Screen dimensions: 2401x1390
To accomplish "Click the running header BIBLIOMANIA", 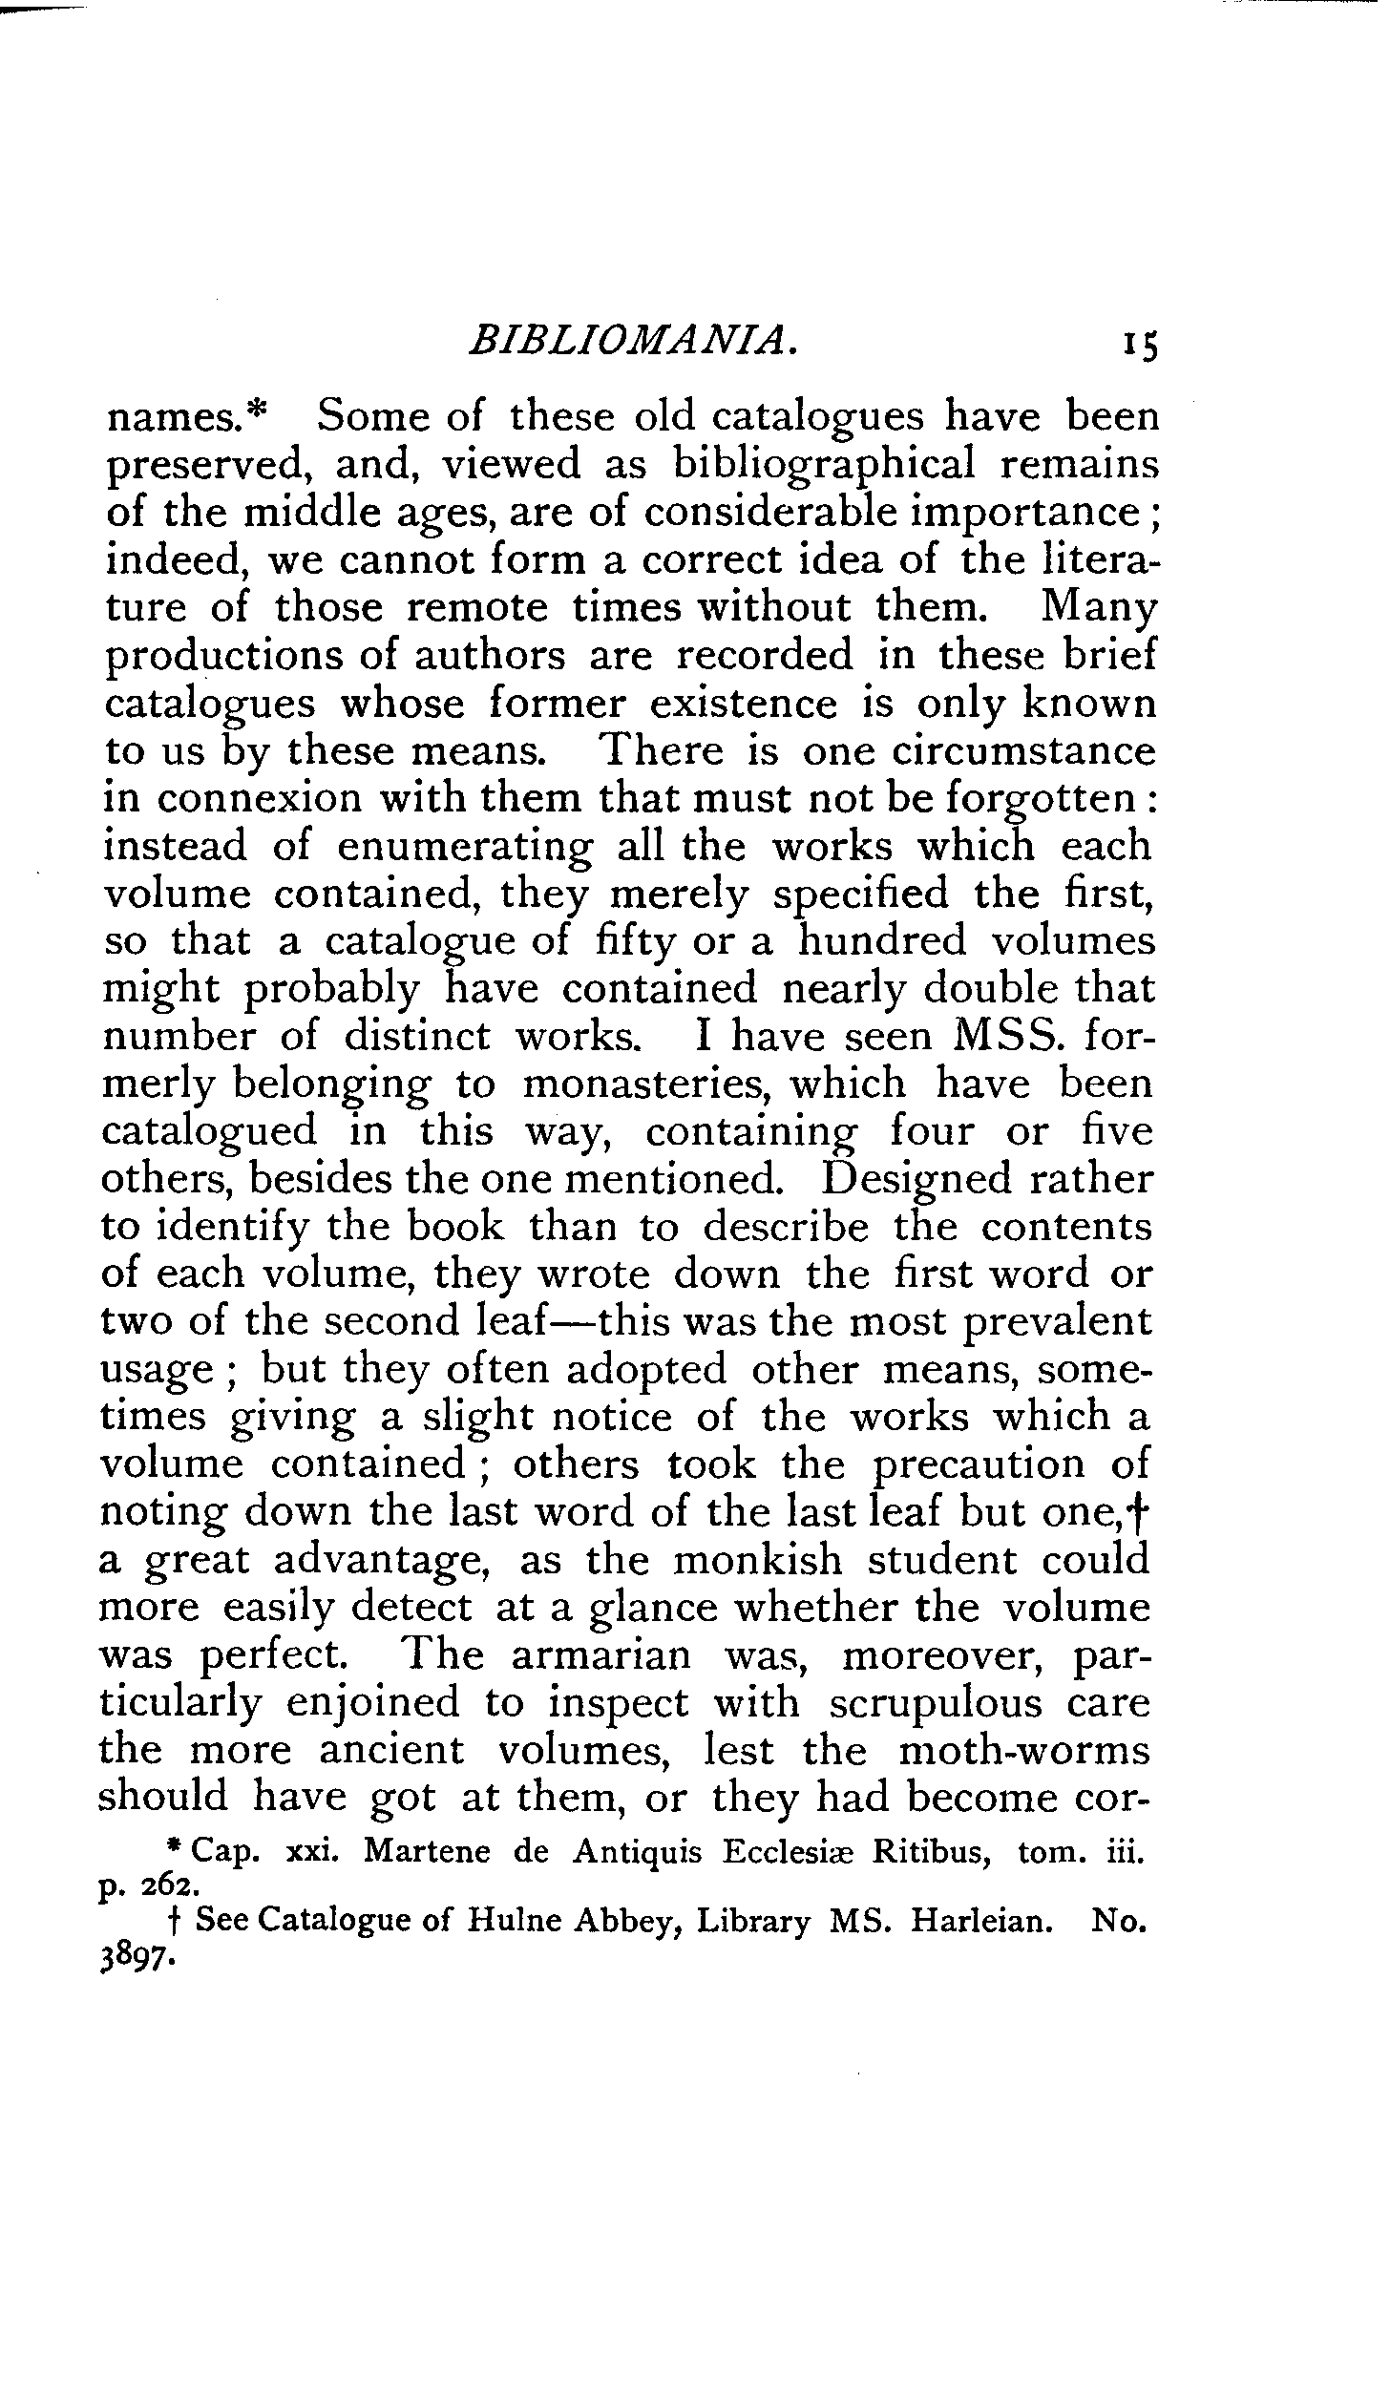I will point(633,341).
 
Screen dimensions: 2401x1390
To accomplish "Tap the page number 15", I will point(1140,344).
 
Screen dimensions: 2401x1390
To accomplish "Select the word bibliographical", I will point(825,465).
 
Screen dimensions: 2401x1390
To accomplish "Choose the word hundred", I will point(882,942).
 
